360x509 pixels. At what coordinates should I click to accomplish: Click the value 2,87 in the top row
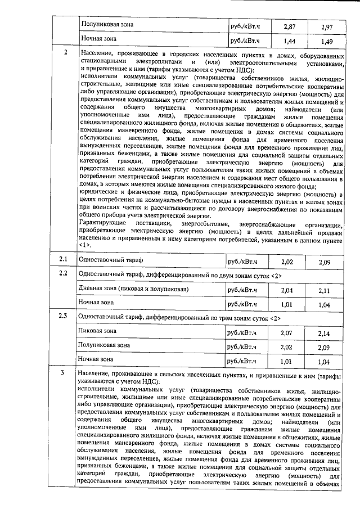click(289, 26)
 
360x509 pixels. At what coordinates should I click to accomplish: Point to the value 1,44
click(289, 41)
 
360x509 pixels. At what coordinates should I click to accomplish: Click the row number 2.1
click(64, 260)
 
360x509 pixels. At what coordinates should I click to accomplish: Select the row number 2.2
click(64, 274)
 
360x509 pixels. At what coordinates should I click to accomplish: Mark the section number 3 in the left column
click(63, 373)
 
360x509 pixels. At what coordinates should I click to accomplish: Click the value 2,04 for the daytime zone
click(287, 290)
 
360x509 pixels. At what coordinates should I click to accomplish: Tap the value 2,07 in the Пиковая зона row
click(287, 333)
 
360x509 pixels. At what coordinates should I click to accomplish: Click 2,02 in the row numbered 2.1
click(287, 262)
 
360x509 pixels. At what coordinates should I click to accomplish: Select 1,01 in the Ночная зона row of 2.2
click(287, 304)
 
